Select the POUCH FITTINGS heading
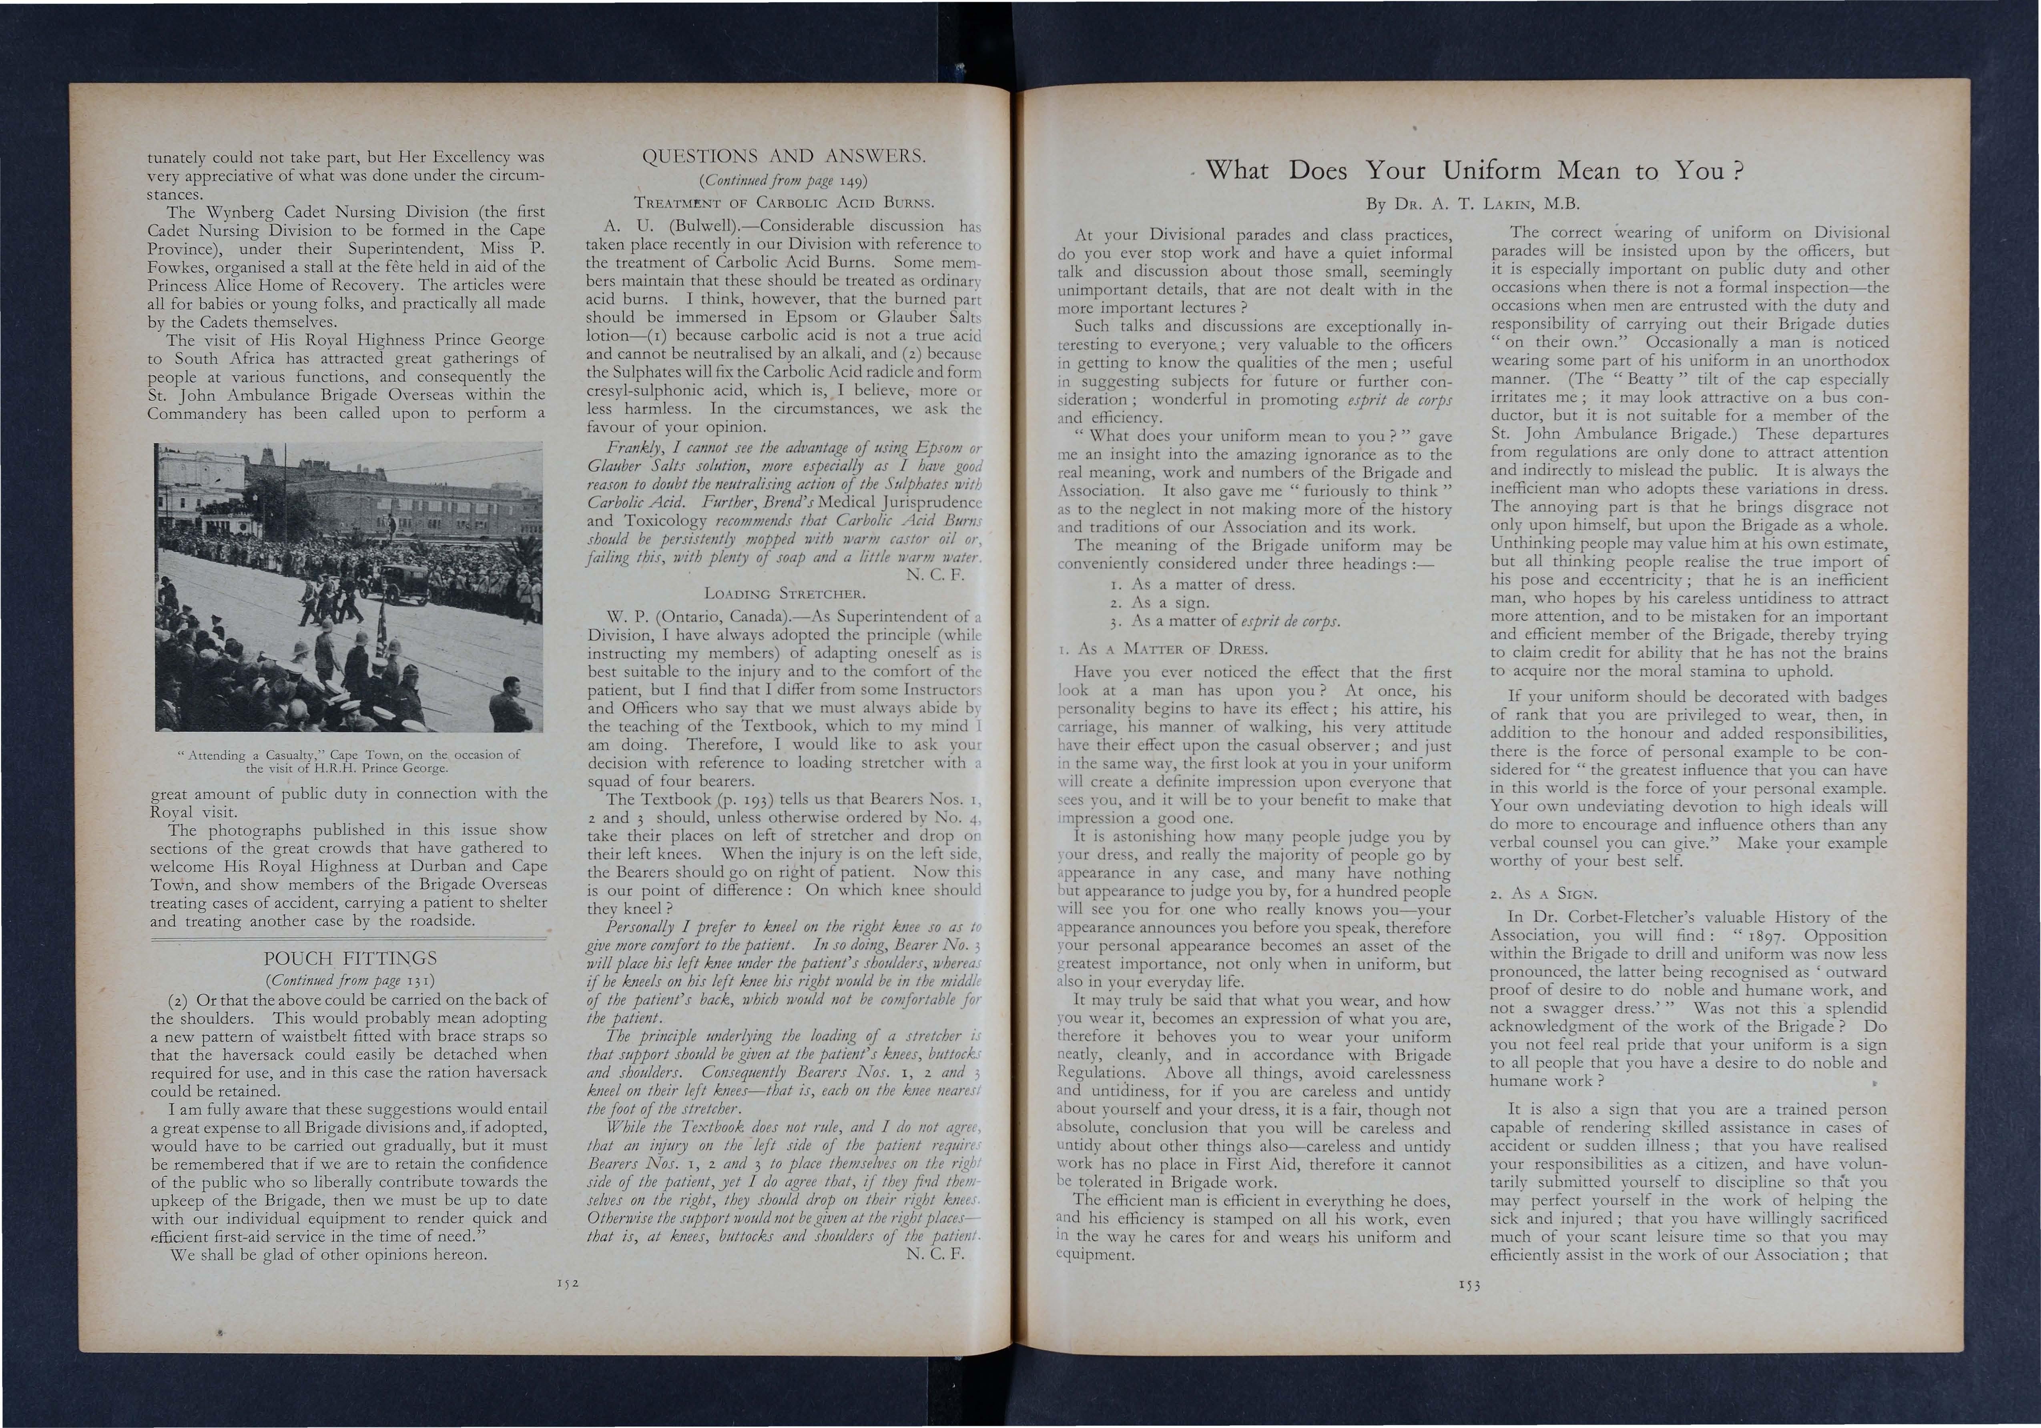coord(350,958)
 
